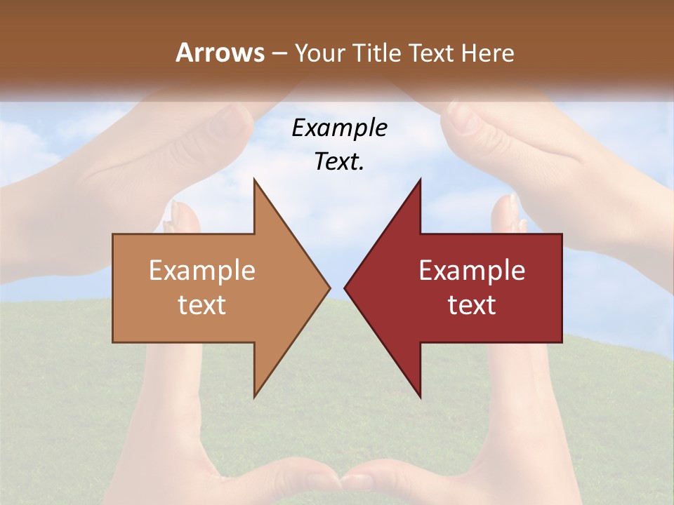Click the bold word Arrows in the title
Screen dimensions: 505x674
[219, 53]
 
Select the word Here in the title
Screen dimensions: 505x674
[487, 53]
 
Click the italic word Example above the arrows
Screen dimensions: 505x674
[339, 128]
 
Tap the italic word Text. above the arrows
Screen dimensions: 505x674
[339, 162]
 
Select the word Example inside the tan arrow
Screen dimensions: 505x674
[202, 271]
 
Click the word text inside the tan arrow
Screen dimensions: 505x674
[202, 305]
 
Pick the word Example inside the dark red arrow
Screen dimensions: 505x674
[472, 271]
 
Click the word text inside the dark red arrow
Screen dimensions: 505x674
[472, 305]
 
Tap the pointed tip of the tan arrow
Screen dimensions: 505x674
[329, 288]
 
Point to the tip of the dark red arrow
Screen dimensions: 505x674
[346, 288]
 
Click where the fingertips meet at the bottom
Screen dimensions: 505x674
[342, 483]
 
